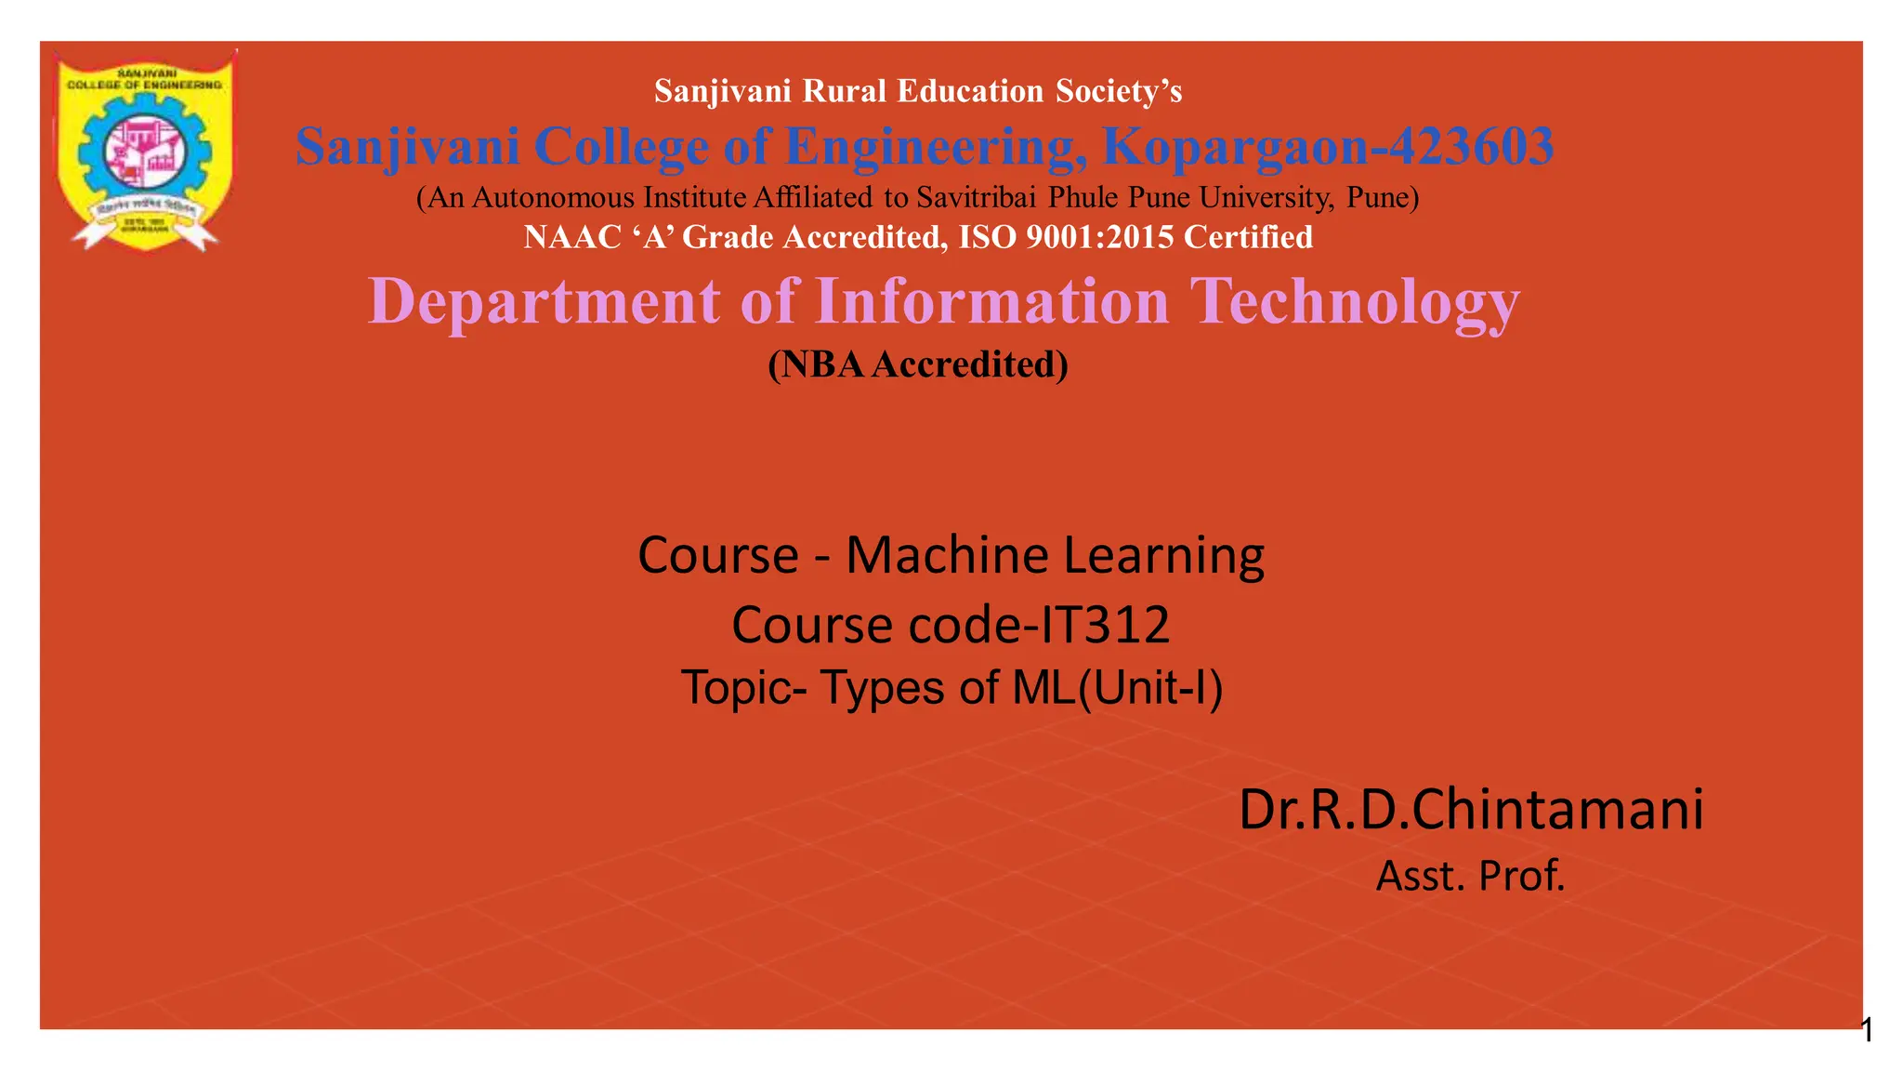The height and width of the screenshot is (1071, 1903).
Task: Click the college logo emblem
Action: [x=144, y=149]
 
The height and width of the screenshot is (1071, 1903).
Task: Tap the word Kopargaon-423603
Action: [x=1328, y=147]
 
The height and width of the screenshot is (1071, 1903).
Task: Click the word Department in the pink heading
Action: [x=545, y=301]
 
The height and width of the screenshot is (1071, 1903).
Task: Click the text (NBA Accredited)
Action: [x=918, y=364]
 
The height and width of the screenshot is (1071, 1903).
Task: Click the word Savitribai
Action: [x=977, y=197]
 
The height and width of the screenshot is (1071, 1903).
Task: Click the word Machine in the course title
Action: [x=947, y=555]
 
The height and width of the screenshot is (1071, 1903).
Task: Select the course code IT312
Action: [x=1105, y=624]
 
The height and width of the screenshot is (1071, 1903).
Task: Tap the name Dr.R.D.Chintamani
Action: [x=1471, y=809]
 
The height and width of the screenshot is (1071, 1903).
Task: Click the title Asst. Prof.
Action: [x=1470, y=876]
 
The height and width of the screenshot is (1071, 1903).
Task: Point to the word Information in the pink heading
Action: [x=991, y=301]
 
